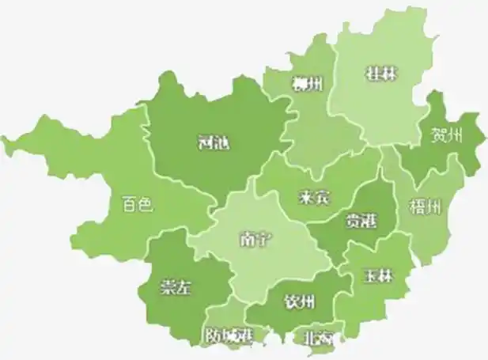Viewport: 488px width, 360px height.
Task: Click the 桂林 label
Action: (381, 74)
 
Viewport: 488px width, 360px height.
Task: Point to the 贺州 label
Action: (446, 135)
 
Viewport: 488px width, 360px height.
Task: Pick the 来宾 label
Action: (314, 197)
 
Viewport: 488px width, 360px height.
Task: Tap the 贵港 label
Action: (361, 222)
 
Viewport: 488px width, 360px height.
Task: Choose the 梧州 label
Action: (425, 207)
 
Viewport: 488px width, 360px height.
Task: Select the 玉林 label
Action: (378, 276)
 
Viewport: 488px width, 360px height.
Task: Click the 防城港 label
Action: (228, 335)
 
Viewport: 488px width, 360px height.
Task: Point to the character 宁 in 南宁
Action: (263, 238)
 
